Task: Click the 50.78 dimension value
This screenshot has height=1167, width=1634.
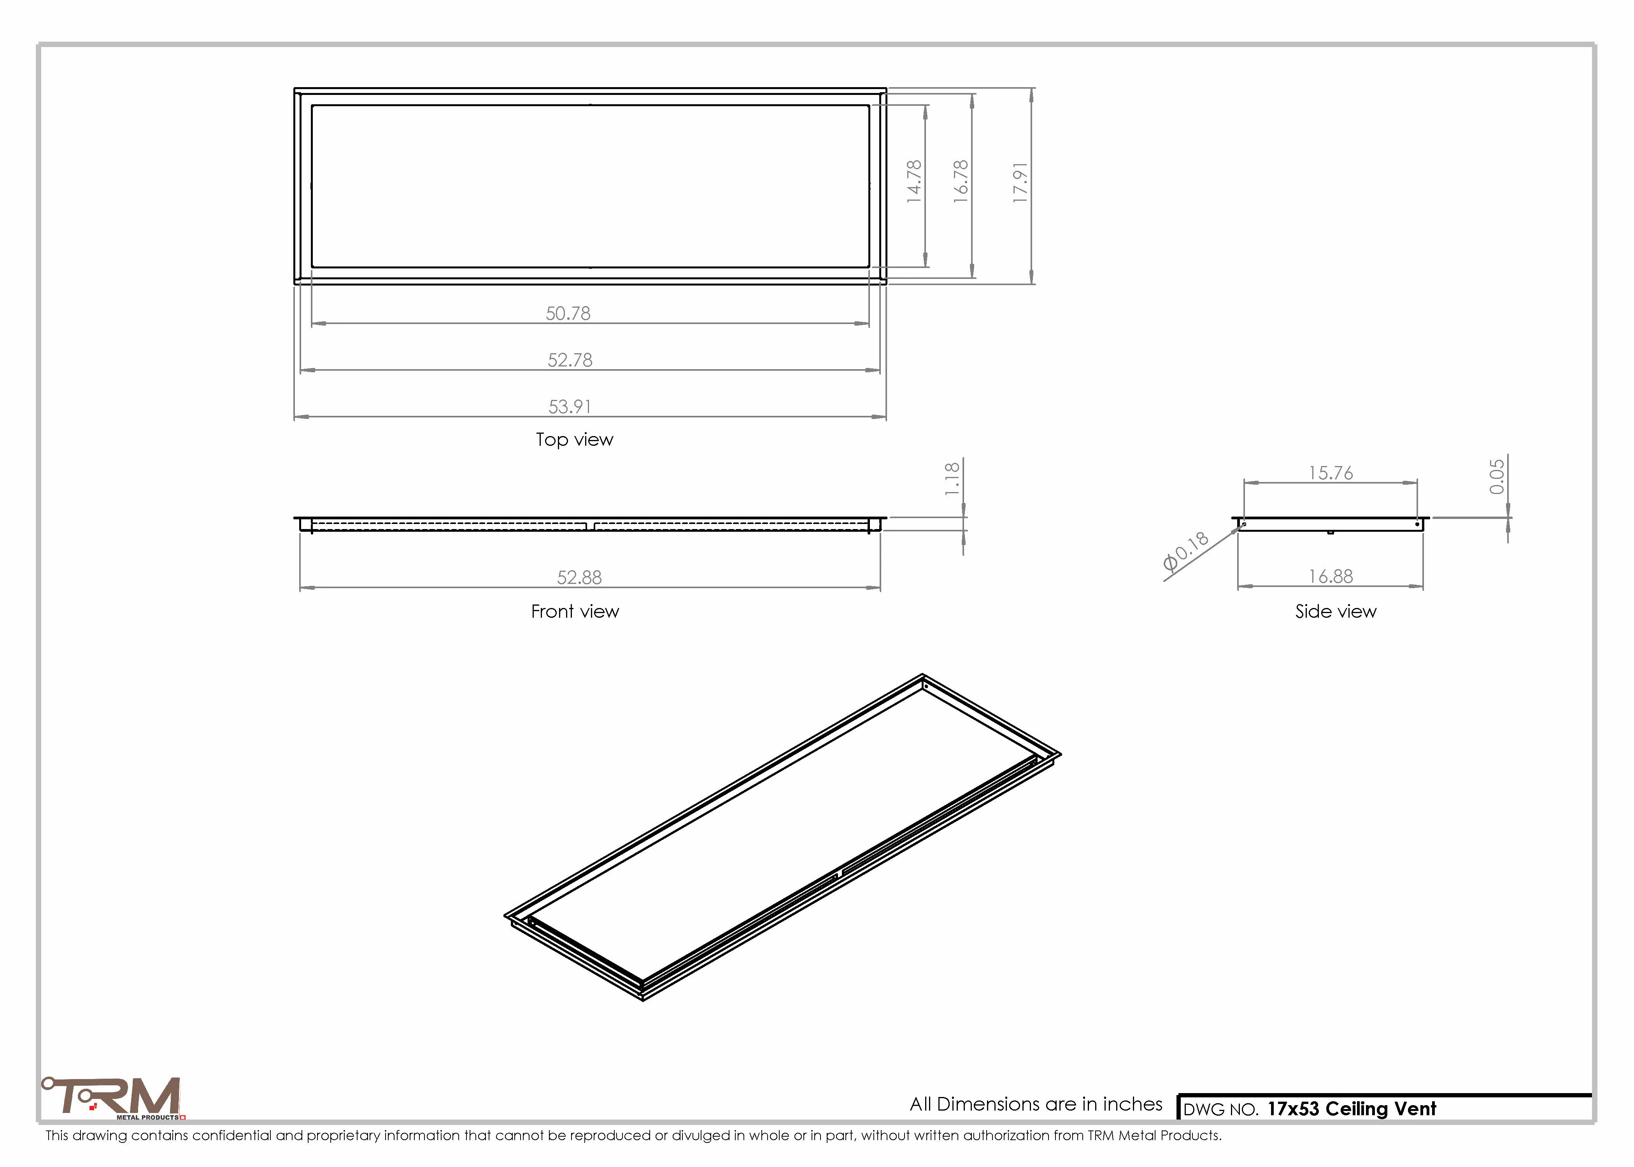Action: coord(568,313)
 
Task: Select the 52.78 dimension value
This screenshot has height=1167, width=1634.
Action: coord(570,360)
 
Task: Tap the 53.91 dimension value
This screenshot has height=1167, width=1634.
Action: coord(570,407)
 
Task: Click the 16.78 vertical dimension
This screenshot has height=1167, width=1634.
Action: coord(961,181)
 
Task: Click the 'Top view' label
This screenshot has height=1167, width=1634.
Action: coord(574,440)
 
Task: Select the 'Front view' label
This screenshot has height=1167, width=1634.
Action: coord(575,612)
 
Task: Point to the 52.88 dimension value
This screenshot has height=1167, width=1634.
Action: coord(579,578)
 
